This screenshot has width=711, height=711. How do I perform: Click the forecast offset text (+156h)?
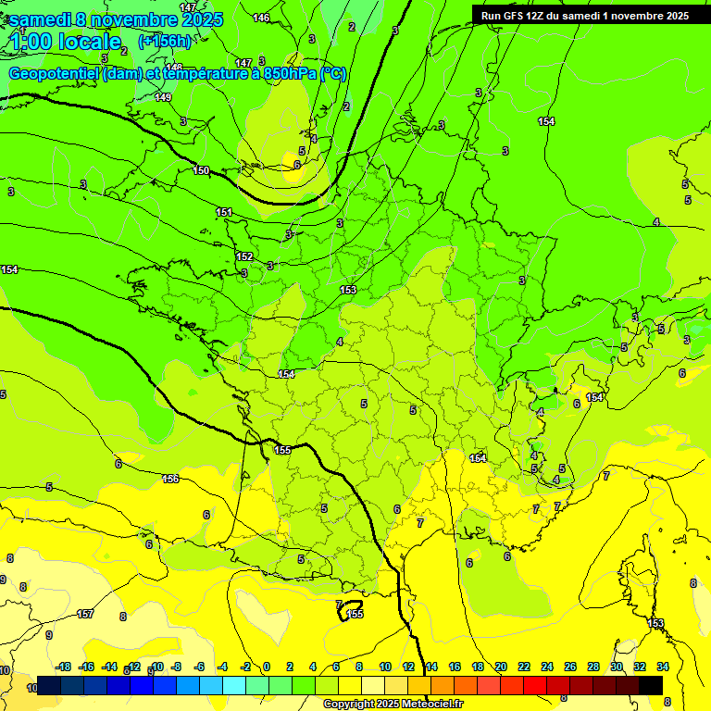(x=165, y=41)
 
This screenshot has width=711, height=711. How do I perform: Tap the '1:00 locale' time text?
(x=65, y=41)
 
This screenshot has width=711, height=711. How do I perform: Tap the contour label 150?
(x=201, y=170)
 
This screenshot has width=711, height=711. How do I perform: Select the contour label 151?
(x=224, y=213)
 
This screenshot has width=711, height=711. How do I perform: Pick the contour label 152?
(x=243, y=256)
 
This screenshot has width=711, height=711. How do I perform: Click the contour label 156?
(x=170, y=479)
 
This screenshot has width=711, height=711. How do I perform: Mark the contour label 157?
(x=85, y=614)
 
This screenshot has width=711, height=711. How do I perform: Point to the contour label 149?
(x=163, y=97)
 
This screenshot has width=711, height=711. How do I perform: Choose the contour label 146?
(x=261, y=18)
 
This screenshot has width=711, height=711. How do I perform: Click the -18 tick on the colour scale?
(x=64, y=667)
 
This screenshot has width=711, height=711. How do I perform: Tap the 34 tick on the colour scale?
(x=663, y=667)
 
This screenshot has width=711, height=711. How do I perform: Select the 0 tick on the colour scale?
(x=267, y=667)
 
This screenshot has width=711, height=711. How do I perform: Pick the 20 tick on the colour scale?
(x=501, y=667)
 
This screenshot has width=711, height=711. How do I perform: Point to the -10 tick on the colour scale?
(x=157, y=667)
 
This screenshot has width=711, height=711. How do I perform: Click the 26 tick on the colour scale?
(x=569, y=667)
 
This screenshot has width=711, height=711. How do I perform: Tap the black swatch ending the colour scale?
(x=651, y=685)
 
